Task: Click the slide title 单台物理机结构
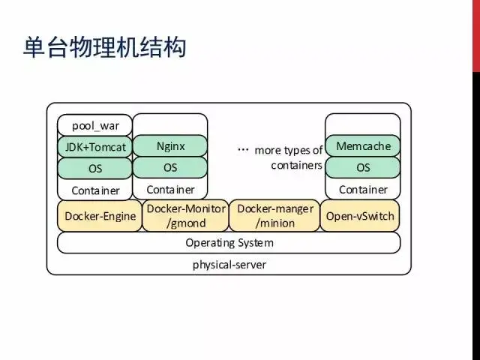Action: click(105, 47)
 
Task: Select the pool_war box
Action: click(95, 125)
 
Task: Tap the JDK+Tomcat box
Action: click(95, 147)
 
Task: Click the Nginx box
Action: click(170, 146)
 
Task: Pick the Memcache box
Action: click(363, 146)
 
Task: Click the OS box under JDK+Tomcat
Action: click(95, 168)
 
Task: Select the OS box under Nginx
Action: click(170, 167)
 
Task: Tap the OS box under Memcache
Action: click(363, 167)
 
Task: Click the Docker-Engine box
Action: click(100, 216)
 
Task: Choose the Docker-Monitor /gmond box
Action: click(185, 216)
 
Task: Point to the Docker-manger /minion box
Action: click(274, 216)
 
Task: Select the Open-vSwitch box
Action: click(360, 216)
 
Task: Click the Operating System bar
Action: click(229, 243)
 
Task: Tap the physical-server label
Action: click(229, 265)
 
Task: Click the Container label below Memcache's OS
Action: click(363, 190)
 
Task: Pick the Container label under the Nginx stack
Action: click(170, 190)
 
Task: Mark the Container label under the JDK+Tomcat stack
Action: click(95, 190)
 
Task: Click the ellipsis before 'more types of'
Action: click(243, 150)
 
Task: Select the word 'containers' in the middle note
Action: click(296, 165)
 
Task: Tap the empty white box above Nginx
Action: click(170, 124)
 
